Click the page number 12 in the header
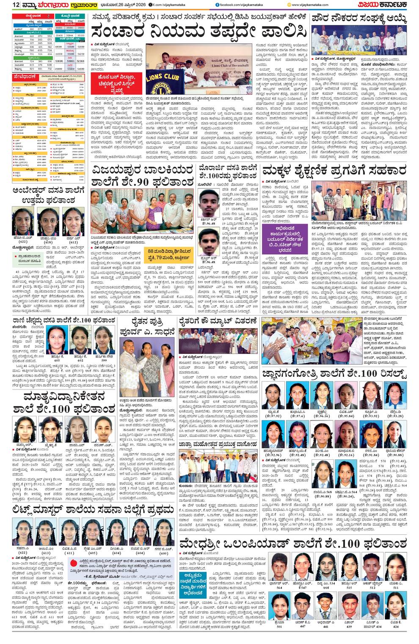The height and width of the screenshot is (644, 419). tap(16, 5)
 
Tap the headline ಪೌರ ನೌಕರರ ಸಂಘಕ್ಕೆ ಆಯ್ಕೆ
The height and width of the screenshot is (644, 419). tap(359, 19)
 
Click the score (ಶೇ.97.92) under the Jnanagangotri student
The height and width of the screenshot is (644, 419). tap(274, 416)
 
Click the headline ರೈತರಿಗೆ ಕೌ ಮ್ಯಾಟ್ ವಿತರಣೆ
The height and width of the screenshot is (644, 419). tap(218, 321)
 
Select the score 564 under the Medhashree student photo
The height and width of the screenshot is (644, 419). tap(279, 588)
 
